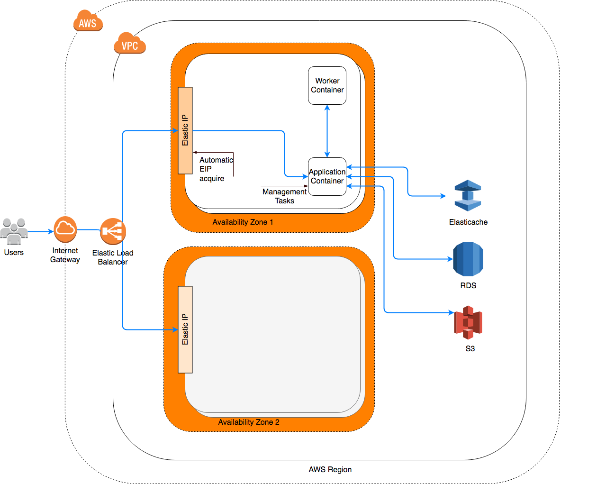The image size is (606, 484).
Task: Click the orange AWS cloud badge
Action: click(88, 21)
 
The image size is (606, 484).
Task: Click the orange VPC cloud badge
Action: click(129, 44)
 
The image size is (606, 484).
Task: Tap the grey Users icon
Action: click(14, 230)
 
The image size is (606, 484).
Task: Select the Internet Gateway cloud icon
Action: click(65, 229)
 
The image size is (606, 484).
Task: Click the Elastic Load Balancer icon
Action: click(113, 231)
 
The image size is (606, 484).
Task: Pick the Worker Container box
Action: click(327, 85)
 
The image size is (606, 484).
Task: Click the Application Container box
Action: click(327, 176)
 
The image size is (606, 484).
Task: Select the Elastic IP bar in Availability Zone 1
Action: click(185, 130)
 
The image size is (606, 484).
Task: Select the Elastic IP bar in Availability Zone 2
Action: click(185, 329)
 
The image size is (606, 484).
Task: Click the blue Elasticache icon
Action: click(468, 195)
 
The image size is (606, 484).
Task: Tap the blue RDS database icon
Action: click(468, 259)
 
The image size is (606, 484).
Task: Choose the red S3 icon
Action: click(468, 322)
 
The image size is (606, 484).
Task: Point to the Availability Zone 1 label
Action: click(243, 222)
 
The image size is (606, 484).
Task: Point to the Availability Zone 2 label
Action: click(249, 422)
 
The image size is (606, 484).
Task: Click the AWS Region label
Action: click(330, 470)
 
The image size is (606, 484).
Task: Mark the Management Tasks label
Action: click(284, 196)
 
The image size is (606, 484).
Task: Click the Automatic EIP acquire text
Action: click(216, 169)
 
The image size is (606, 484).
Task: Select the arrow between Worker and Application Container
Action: click(327, 131)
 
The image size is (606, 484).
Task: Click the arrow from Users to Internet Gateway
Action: click(41, 232)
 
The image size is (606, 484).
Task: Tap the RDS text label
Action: click(468, 286)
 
